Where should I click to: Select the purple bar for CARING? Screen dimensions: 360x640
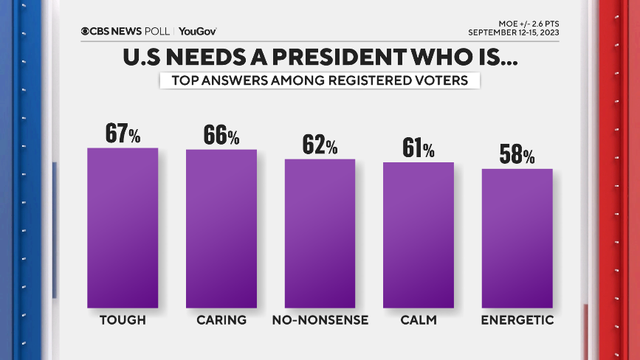coord(221,228)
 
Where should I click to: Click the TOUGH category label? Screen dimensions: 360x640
coord(123,320)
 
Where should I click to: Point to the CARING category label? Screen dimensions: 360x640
coord(221,320)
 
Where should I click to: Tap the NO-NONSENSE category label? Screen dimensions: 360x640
coord(320,320)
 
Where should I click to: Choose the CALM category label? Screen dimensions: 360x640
coord(418,320)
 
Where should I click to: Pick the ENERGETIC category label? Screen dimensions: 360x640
coord(517,320)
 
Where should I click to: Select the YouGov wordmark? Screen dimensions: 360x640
coord(197,32)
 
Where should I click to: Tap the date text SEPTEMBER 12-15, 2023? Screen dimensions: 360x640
coord(513,32)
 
